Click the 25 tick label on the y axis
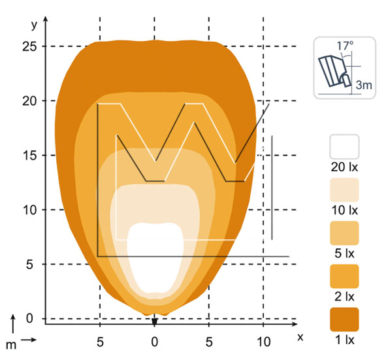click(29, 46)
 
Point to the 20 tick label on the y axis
click(29, 101)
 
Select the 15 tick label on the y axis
click(29, 155)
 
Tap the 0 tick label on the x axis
click(154, 342)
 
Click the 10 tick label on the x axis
click(264, 342)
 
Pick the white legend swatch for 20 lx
click(344, 146)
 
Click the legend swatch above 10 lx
click(344, 190)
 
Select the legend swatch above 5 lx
click(344, 233)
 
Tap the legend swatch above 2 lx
click(344, 276)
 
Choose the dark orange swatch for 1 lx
click(344, 319)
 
